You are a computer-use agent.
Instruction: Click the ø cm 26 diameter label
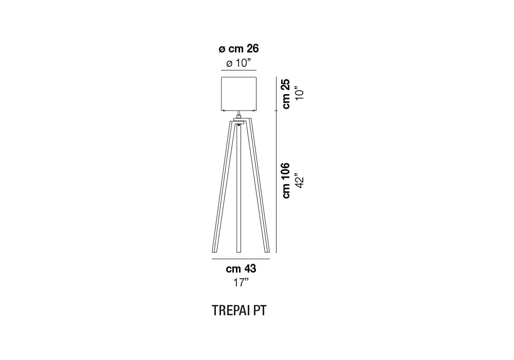pyautogui.click(x=238, y=49)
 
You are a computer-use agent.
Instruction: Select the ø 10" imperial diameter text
pyautogui.click(x=238, y=63)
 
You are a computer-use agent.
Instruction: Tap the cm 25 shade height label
pyautogui.click(x=286, y=94)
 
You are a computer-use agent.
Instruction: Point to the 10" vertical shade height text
pyautogui.click(x=300, y=93)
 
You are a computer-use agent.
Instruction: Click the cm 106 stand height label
pyautogui.click(x=286, y=181)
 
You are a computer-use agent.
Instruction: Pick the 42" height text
pyautogui.click(x=300, y=181)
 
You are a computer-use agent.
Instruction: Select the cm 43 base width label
pyautogui.click(x=241, y=269)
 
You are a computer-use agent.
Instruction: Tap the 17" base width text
pyautogui.click(x=241, y=282)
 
